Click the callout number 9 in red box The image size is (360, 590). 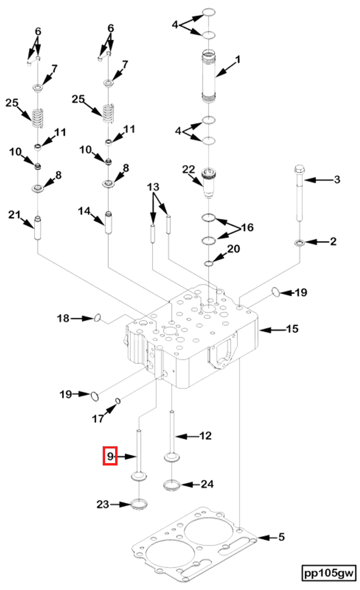pos(110,456)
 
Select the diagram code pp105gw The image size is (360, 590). pos(329,572)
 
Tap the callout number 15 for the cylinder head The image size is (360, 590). pos(292,328)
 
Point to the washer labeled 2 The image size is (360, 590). pos(299,243)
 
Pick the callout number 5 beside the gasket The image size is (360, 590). pos(281,537)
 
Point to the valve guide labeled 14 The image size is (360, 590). pos(108,222)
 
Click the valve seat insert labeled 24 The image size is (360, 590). pos(171,485)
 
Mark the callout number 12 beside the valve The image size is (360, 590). pos(205,435)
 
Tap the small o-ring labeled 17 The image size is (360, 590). pos(118,402)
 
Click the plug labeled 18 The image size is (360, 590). pos(97,318)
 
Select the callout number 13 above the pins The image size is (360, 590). pos(153,187)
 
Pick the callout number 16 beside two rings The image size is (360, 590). pos(247,228)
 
